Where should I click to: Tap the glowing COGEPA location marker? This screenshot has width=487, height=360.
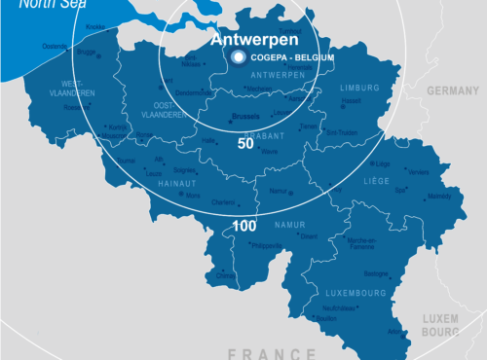[239, 58]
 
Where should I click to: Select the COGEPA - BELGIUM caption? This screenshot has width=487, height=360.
[292, 58]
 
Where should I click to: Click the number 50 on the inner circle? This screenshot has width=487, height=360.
[245, 143]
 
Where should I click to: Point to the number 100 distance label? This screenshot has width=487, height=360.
[244, 226]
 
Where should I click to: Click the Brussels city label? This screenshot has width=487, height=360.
[247, 116]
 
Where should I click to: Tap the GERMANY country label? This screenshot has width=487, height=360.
[453, 90]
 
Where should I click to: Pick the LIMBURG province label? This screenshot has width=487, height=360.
[359, 88]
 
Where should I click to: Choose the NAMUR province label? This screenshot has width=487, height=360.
[290, 225]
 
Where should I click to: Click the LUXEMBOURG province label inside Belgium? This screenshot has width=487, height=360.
[356, 291]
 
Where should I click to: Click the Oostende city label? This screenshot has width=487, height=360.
[55, 46]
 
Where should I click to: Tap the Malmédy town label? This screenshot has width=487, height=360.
[439, 196]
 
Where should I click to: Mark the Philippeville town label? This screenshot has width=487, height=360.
[266, 246]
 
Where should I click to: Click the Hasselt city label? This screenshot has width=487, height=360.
[351, 100]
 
